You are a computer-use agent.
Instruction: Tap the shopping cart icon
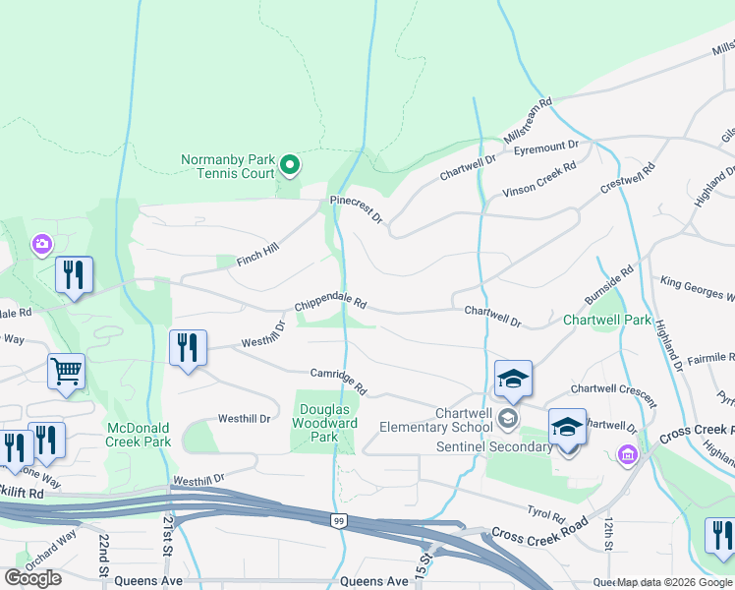[67, 372]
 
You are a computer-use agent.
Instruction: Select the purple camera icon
[41, 243]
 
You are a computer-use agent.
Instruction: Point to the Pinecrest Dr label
[356, 208]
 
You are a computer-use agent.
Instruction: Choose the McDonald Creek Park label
[139, 435]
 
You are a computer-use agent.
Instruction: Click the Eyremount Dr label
[546, 144]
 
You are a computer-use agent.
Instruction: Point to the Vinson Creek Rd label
[537, 181]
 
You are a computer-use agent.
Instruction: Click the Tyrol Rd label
[545, 514]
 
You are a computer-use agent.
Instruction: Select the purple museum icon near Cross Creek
[628, 453]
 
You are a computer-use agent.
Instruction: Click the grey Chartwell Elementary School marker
[508, 419]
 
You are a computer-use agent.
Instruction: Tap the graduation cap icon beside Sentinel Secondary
[567, 428]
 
